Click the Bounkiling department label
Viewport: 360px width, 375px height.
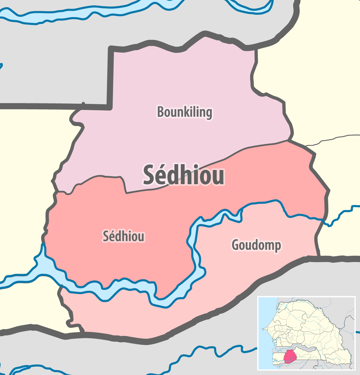click(184, 112)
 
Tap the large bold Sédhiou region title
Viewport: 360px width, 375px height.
click(184, 175)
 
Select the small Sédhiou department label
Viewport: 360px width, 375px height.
click(123, 236)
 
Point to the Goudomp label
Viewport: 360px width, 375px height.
click(256, 245)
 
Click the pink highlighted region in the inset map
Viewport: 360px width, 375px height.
click(290, 356)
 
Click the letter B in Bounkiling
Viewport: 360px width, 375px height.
click(161, 112)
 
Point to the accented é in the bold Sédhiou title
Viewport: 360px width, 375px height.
click(164, 175)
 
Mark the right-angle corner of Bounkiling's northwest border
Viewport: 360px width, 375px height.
click(111, 48)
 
